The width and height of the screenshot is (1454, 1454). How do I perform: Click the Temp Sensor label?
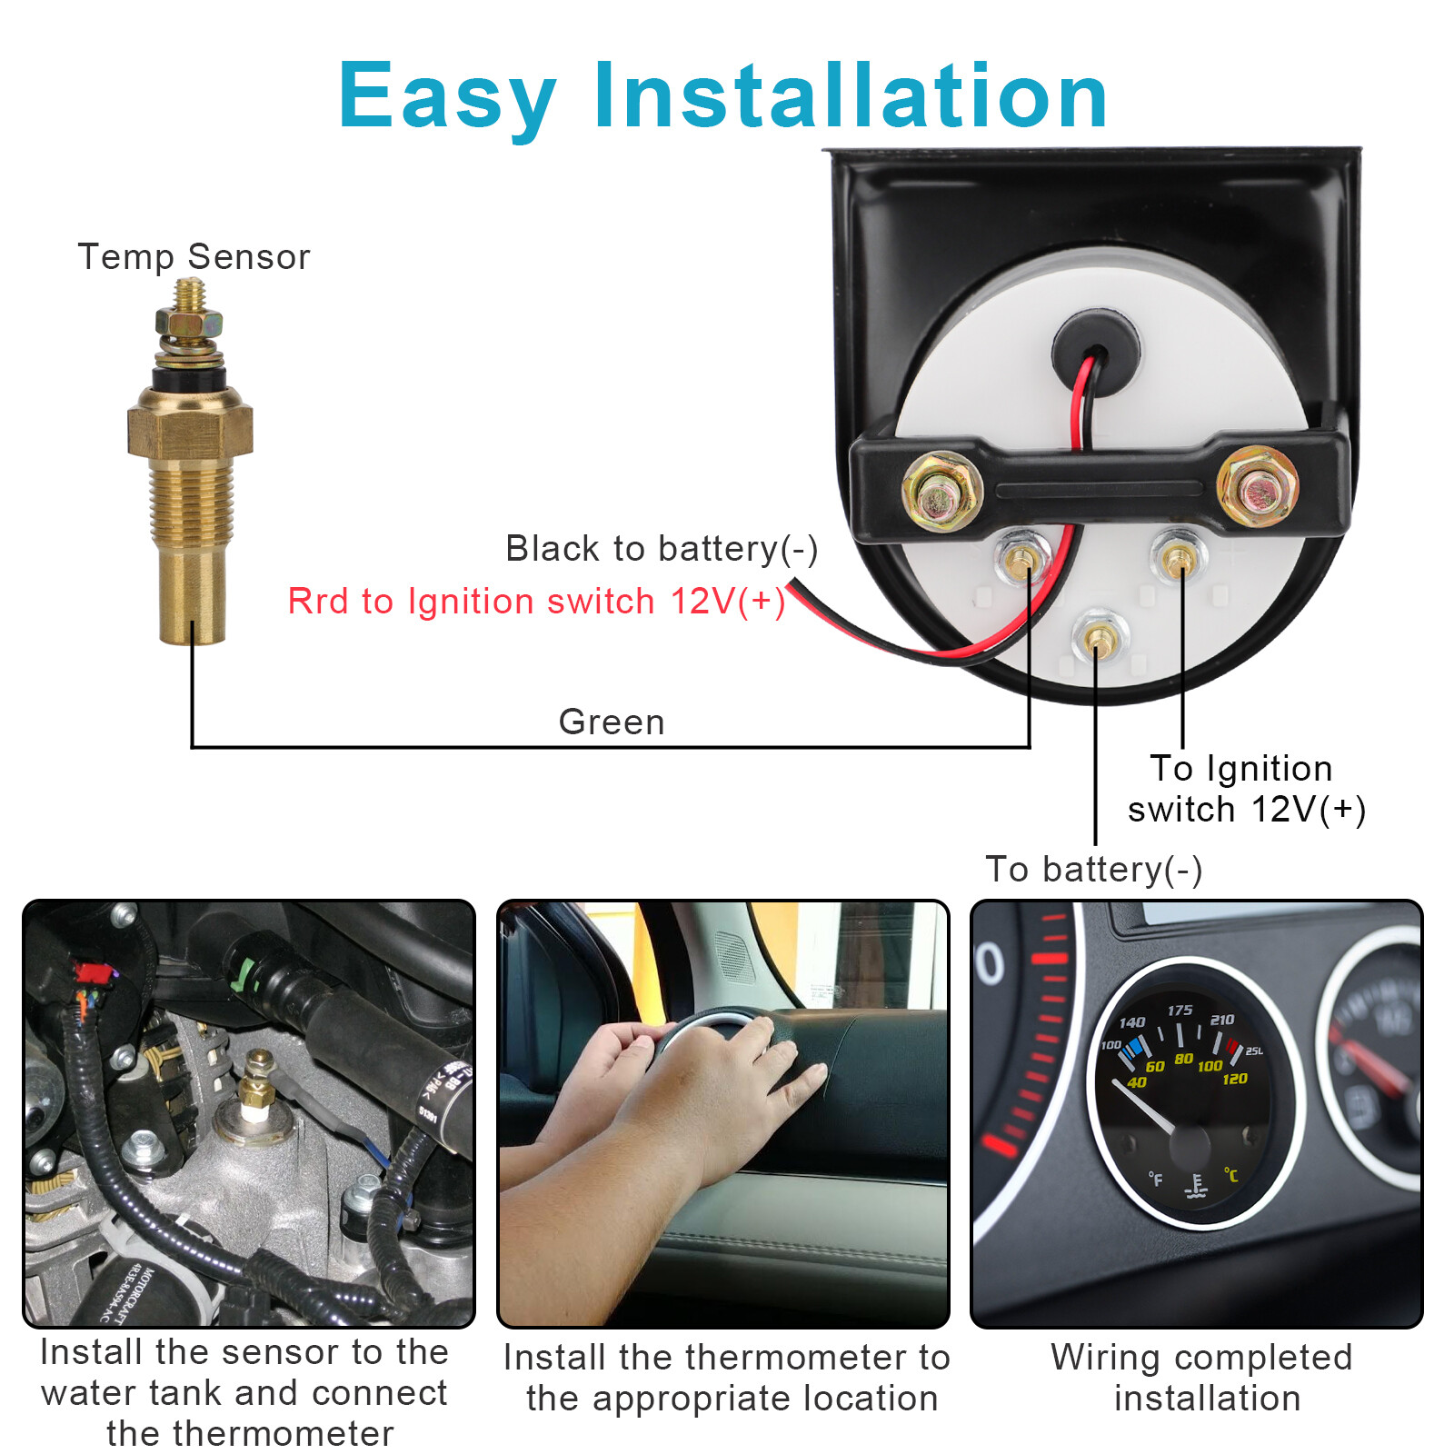click(x=194, y=257)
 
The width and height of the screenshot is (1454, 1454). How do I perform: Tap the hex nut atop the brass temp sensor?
click(x=189, y=322)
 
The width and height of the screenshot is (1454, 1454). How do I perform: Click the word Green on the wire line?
click(x=612, y=722)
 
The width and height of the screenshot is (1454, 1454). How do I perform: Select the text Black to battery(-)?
click(x=662, y=549)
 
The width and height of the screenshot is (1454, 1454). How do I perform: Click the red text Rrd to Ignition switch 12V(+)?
click(x=536, y=602)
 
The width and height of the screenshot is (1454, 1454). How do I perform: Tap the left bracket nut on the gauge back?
click(x=941, y=492)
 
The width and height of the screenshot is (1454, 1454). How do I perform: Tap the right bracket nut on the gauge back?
click(x=1257, y=487)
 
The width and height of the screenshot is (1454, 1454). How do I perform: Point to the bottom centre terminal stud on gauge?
click(x=1099, y=639)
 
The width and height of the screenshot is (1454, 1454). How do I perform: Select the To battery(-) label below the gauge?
click(x=1094, y=870)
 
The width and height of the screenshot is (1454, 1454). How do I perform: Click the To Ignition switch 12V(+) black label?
click(x=1246, y=789)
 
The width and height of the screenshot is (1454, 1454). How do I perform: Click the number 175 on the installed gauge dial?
click(x=1180, y=1011)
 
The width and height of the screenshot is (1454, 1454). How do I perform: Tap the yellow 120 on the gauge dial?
click(x=1235, y=1079)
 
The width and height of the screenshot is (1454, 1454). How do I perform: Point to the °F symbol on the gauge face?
click(x=1155, y=1179)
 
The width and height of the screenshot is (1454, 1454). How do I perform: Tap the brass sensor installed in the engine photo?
click(x=258, y=1086)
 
